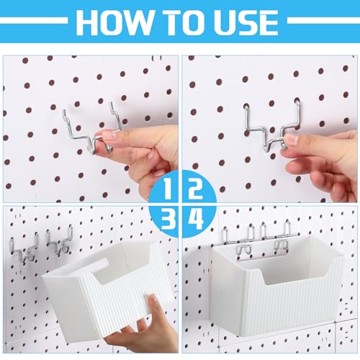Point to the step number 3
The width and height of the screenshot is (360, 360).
[168, 219]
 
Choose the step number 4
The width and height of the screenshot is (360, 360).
[196, 219]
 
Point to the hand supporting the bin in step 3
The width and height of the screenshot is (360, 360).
[144, 329]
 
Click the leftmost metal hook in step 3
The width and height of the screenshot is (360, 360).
[23, 251]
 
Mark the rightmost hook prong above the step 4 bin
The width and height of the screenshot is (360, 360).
[287, 229]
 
